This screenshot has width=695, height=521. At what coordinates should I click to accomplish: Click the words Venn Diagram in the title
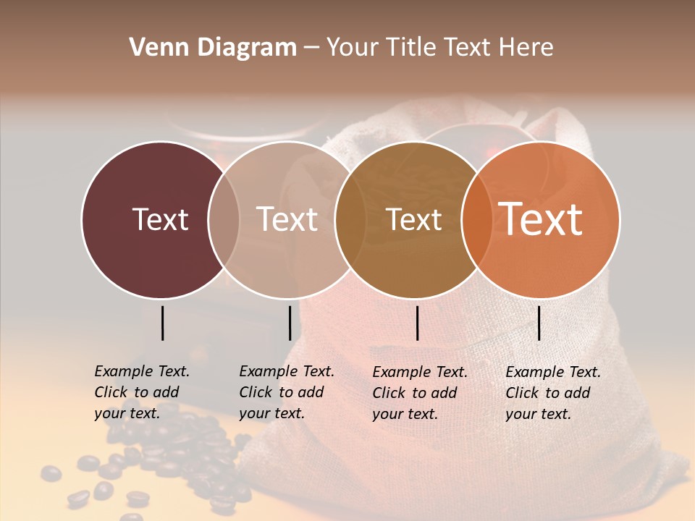coord(213,48)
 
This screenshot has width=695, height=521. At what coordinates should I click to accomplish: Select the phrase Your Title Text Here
coord(439,48)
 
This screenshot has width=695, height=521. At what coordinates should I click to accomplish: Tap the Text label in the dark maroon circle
coord(160,219)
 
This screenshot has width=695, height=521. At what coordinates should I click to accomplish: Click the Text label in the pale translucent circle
coord(287,219)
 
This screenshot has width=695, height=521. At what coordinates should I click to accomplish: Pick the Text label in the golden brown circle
coord(414,219)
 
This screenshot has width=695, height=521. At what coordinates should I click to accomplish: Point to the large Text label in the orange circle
coord(541,219)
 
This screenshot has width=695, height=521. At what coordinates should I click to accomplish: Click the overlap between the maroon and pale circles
coord(224,220)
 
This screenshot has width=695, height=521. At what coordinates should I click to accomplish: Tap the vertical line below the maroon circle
coord(162,323)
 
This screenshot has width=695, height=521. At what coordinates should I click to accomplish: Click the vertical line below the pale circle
coord(290,323)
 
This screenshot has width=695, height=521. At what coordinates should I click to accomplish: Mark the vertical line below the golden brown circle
coord(417,323)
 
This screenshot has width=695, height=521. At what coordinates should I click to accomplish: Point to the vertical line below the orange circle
coord(539,323)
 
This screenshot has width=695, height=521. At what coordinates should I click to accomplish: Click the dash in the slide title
coord(311,48)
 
